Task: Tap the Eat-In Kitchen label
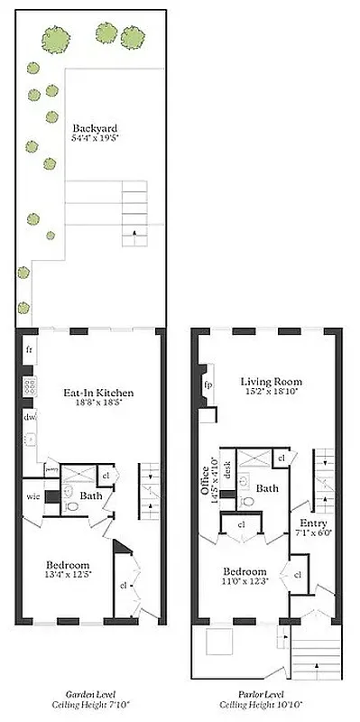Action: point(98,393)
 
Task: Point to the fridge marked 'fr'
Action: point(29,349)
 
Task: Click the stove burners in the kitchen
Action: point(29,385)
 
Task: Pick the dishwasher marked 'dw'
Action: point(29,417)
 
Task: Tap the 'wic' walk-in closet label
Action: point(32,495)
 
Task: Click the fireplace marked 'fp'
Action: point(208,384)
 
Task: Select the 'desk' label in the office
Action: point(227,468)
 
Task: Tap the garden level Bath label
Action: point(88,495)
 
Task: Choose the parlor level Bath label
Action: point(267,487)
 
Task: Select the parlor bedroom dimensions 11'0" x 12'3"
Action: point(245,583)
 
